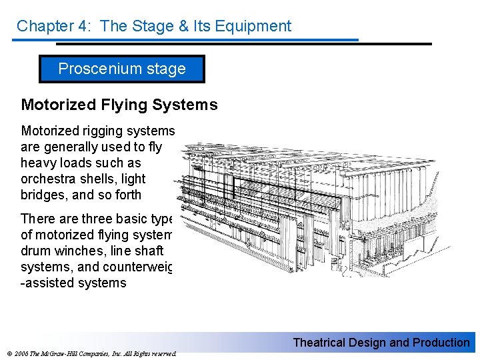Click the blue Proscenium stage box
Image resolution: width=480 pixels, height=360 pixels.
click(122, 69)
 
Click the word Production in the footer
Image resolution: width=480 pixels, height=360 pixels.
click(439, 343)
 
